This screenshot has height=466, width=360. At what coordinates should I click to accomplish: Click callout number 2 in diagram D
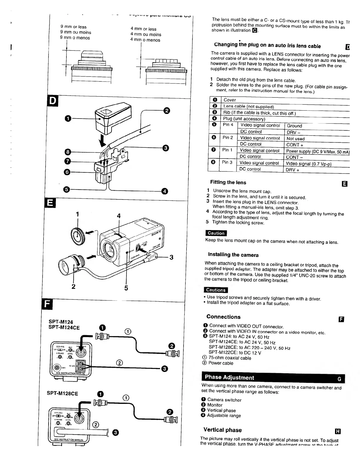point(166,111)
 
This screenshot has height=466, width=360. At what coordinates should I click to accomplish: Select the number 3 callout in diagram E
point(171,257)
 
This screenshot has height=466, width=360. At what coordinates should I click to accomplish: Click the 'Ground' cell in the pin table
point(294,126)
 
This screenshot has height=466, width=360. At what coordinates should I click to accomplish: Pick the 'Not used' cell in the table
point(295,139)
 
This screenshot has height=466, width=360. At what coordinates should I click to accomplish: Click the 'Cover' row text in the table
point(230,100)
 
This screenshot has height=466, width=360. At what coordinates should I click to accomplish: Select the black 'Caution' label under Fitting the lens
point(216,233)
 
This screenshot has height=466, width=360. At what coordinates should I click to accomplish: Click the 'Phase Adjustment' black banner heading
point(229,377)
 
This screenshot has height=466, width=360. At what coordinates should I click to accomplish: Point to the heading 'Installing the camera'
point(233,255)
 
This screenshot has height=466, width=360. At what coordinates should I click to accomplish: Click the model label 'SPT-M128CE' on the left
point(63,394)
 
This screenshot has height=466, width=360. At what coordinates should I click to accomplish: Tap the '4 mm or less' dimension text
point(143,29)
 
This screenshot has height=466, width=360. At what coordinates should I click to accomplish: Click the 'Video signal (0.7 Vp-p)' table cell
point(309,164)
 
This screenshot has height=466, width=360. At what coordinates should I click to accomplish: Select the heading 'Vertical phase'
point(222,430)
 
